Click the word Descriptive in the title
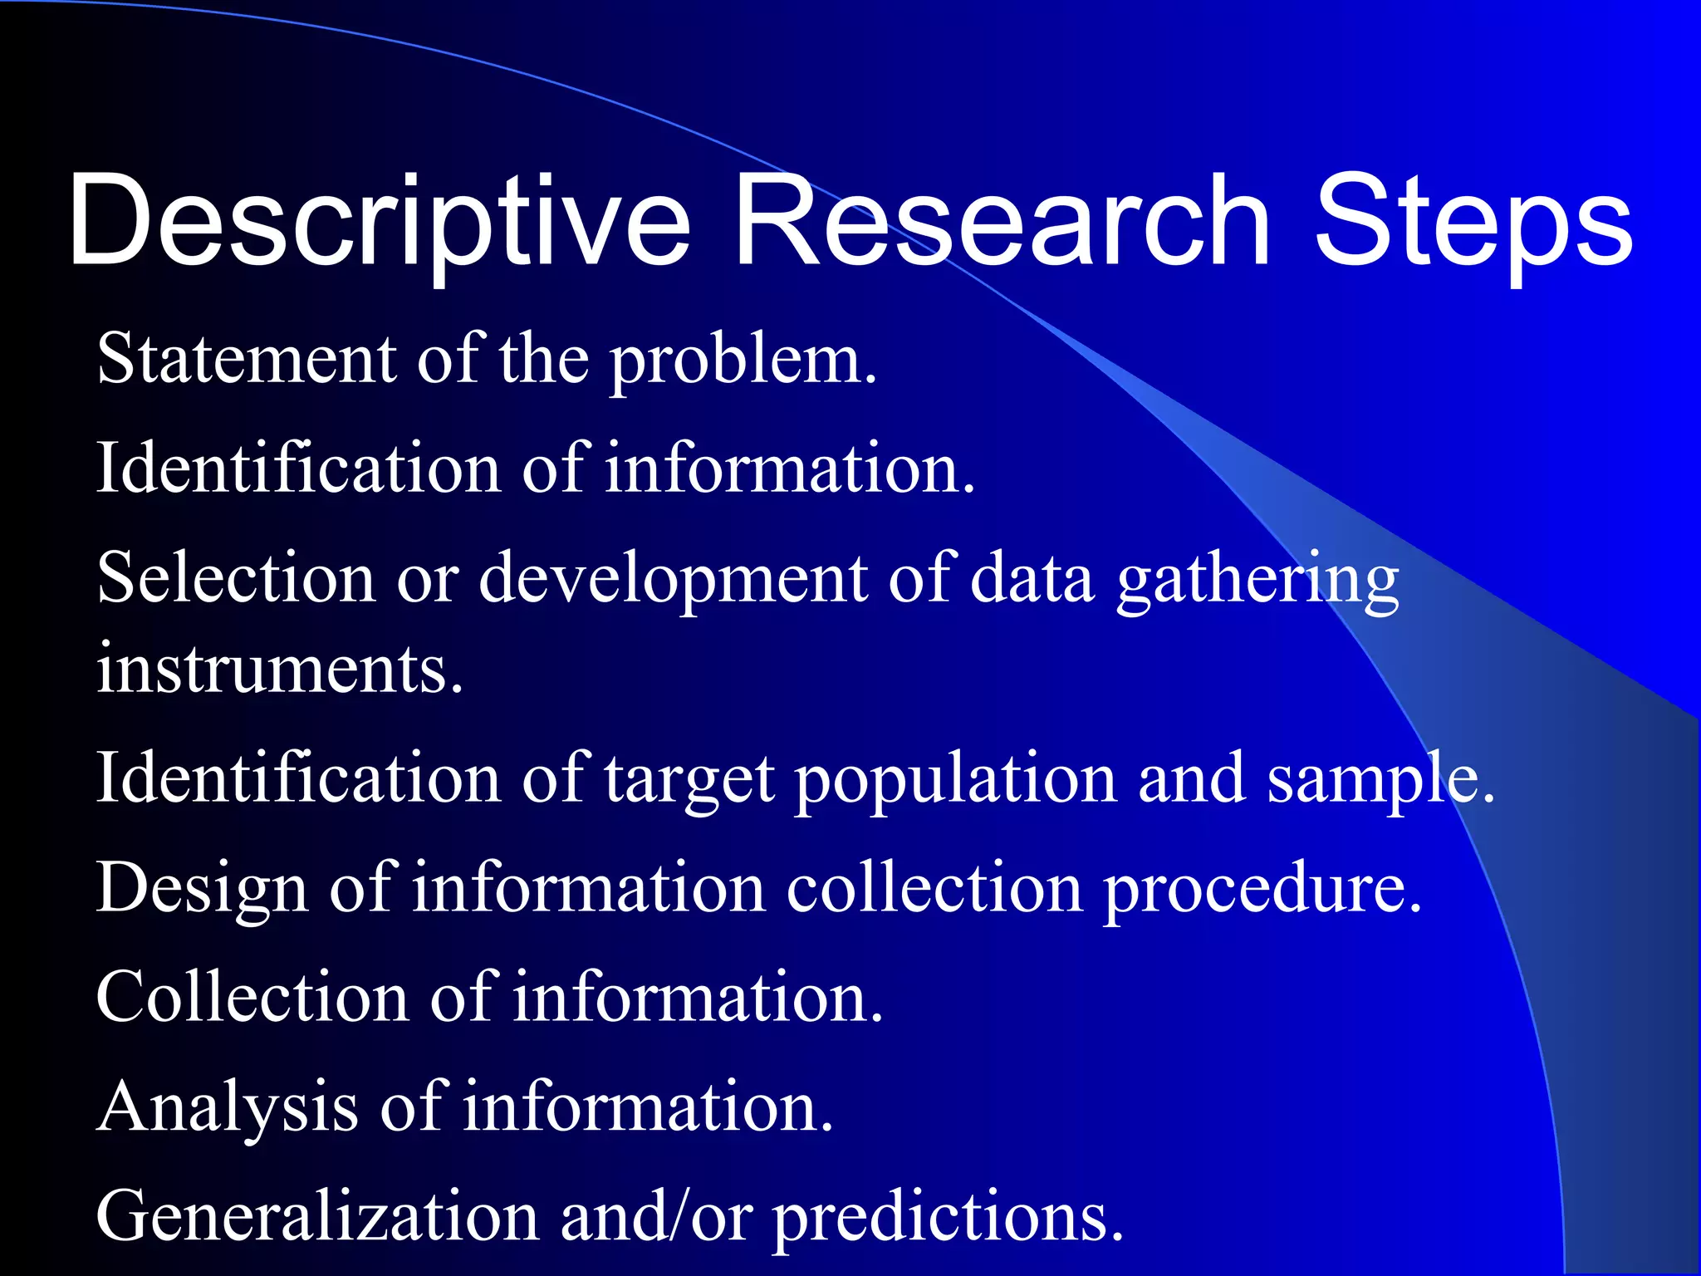pyautogui.click(x=379, y=223)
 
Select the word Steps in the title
pyautogui.click(x=1473, y=223)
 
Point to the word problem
pyautogui.click(x=743, y=362)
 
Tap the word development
pyautogui.click(x=674, y=580)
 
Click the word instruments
pyautogui.click(x=280, y=669)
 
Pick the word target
pyautogui.click(x=689, y=781)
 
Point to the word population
pyautogui.click(x=956, y=781)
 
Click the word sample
pyautogui.click(x=1380, y=781)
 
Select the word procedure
pyautogui.click(x=1262, y=890)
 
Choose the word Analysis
pyautogui.click(x=228, y=1108)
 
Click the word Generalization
pyautogui.click(x=317, y=1216)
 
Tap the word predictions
pyautogui.click(x=948, y=1218)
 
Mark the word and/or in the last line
pyautogui.click(x=657, y=1216)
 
